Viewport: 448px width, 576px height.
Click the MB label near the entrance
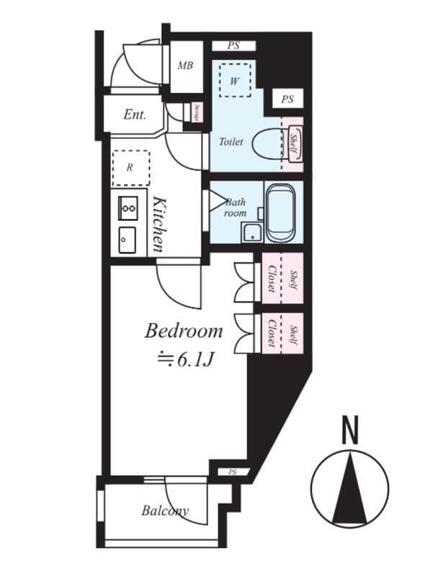click(x=185, y=66)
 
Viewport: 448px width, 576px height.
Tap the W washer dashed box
click(x=234, y=80)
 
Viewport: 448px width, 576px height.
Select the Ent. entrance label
click(x=135, y=114)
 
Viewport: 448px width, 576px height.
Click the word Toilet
click(x=230, y=142)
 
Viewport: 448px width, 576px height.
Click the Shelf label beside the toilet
click(x=293, y=144)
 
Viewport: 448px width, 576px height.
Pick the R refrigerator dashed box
click(x=130, y=168)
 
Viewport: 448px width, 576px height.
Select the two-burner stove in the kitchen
click(x=128, y=207)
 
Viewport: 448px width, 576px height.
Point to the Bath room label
click(x=236, y=208)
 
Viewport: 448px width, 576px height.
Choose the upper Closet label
click(x=272, y=279)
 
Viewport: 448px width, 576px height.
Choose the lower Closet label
click(x=272, y=332)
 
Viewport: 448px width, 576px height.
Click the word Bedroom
click(x=183, y=331)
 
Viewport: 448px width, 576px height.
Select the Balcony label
click(x=164, y=510)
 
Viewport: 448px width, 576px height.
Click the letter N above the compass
click(x=349, y=432)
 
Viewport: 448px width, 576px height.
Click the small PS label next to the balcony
click(x=232, y=472)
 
